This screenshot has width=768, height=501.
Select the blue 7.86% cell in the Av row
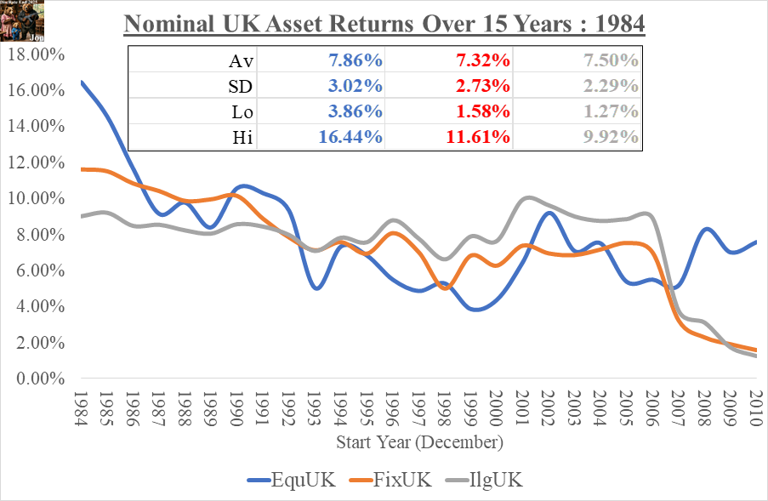click(x=351, y=60)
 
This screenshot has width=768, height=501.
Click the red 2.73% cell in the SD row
click(x=479, y=86)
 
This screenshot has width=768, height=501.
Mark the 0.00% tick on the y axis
click(x=39, y=379)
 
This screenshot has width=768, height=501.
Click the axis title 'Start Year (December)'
click(x=419, y=442)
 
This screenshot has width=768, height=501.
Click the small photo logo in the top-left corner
click(x=17, y=15)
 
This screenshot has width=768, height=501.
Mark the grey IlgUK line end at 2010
click(x=755, y=356)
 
